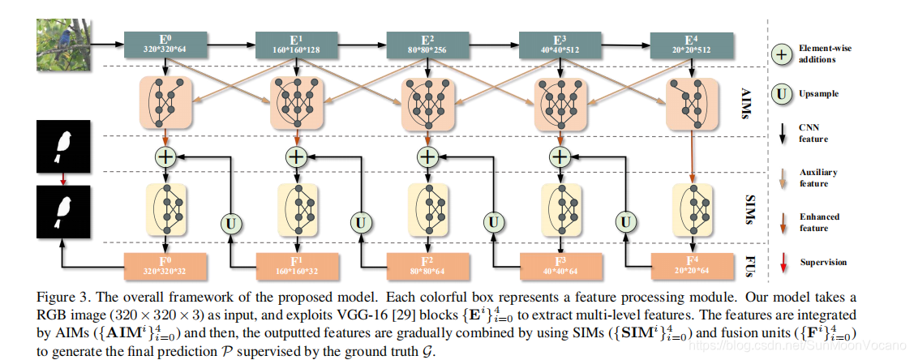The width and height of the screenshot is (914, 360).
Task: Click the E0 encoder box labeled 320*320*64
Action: pos(165,43)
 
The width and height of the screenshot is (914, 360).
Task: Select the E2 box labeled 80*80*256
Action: pos(428,43)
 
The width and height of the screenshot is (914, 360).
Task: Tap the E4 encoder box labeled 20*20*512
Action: pos(691,43)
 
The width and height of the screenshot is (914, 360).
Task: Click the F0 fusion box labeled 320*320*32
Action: pos(165,264)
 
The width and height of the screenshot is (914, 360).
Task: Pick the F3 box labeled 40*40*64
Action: pos(560,264)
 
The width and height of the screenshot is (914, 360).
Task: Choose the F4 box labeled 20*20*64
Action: pos(691,264)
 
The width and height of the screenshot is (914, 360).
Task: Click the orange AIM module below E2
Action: pos(428,103)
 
